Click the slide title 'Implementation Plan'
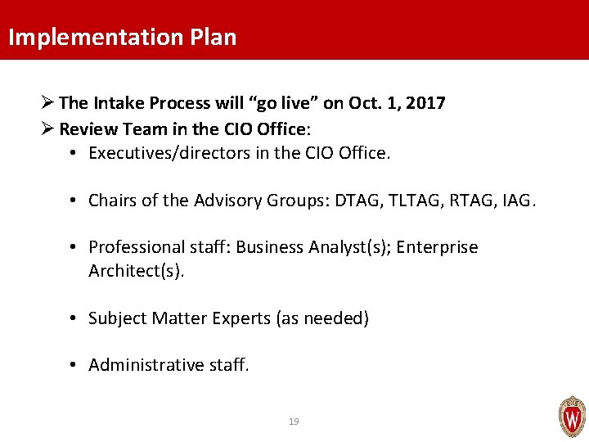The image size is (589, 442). pyautogui.click(x=122, y=38)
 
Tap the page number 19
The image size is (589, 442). pyautogui.click(x=294, y=422)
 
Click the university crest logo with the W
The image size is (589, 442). pyautogui.click(x=572, y=417)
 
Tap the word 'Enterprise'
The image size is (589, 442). pyautogui.click(x=438, y=247)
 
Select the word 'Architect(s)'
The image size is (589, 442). pyautogui.click(x=137, y=271)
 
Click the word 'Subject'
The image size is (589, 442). pyautogui.click(x=119, y=318)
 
